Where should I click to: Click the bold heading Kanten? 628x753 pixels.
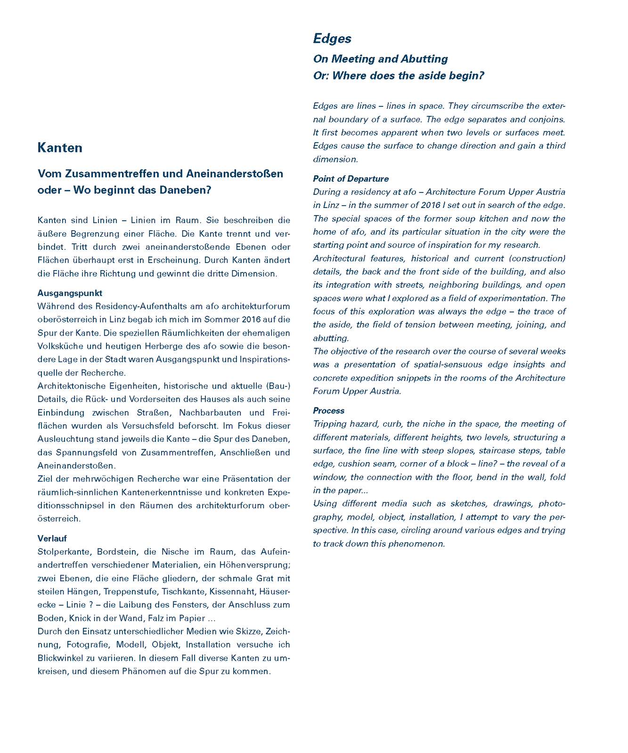click(60, 148)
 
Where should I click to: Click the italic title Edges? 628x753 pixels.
click(332, 39)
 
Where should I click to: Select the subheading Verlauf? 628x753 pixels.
click(52, 538)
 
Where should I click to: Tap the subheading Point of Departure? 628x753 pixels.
click(351, 179)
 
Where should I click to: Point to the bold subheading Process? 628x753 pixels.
click(329, 411)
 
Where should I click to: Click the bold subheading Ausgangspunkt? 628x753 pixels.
click(70, 293)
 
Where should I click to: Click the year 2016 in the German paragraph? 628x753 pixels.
click(252, 320)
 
